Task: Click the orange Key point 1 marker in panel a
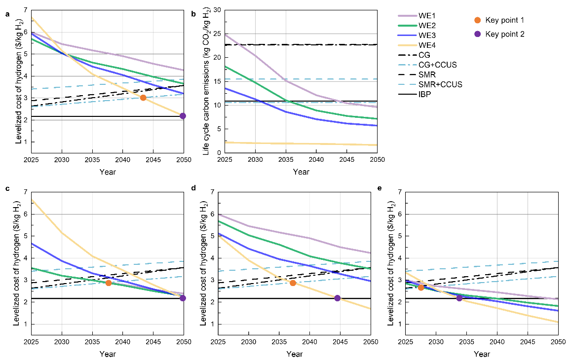point(143,98)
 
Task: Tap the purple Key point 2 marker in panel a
point(183,116)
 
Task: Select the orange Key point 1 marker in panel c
point(109,283)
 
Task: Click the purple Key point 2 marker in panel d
point(338,298)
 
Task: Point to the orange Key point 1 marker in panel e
point(421,287)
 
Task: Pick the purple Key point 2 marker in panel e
point(459,298)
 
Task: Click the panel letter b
point(194,14)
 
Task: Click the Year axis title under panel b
point(301,172)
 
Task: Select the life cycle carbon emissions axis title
point(206,81)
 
